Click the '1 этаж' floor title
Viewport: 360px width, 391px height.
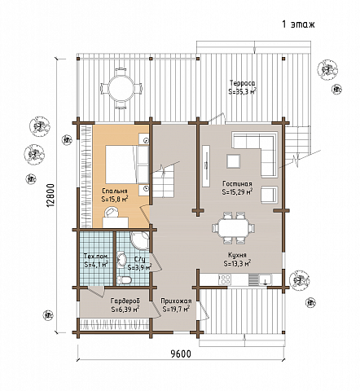coord(298,24)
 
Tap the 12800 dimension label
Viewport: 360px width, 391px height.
coord(50,195)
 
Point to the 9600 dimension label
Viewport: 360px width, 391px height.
coord(181,354)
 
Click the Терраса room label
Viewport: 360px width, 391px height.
coord(242,82)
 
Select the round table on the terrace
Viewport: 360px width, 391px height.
coord(121,88)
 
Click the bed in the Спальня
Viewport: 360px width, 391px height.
coord(127,165)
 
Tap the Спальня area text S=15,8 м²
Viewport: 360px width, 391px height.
coord(115,199)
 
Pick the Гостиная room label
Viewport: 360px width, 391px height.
coord(237,184)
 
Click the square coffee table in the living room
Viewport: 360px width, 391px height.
coord(234,161)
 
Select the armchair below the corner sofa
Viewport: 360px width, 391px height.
coord(269,195)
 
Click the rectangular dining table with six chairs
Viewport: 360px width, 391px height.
coord(234,228)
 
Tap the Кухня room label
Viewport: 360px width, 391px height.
coord(237,255)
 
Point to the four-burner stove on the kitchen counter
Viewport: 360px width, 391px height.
coord(225,279)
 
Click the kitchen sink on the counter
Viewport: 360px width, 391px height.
coord(265,279)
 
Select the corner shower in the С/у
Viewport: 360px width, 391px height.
coord(140,241)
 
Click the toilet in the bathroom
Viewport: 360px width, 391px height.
coord(124,279)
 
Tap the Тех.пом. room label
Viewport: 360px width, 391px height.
coord(96,257)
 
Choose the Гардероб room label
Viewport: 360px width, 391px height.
coord(125,301)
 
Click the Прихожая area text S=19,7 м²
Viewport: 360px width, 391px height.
coord(176,309)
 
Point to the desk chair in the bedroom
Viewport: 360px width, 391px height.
coord(112,212)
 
